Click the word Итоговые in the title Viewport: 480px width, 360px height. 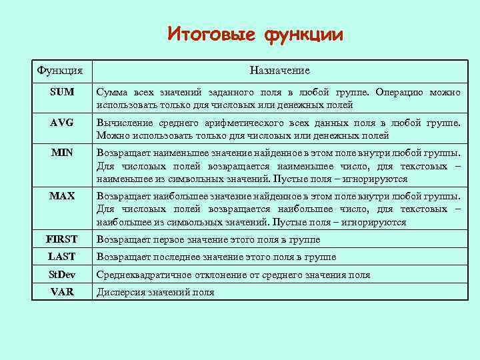tap(211, 34)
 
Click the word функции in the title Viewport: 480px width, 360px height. tap(304, 34)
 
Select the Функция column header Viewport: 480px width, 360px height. tap(60, 70)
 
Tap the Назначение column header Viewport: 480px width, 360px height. tap(279, 70)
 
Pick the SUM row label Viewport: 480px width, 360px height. tap(62, 92)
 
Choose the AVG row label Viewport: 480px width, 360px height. tap(62, 123)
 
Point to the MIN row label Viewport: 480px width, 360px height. tap(62, 153)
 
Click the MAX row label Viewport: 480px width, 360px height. tap(62, 197)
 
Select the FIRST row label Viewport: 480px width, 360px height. tap(62, 239)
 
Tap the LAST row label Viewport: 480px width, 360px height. tap(62, 257)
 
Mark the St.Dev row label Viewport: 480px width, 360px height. tap(62, 275)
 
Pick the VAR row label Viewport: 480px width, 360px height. tap(62, 292)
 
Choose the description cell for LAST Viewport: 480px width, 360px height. tap(217, 257)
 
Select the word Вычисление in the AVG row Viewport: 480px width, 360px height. tap(123, 123)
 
